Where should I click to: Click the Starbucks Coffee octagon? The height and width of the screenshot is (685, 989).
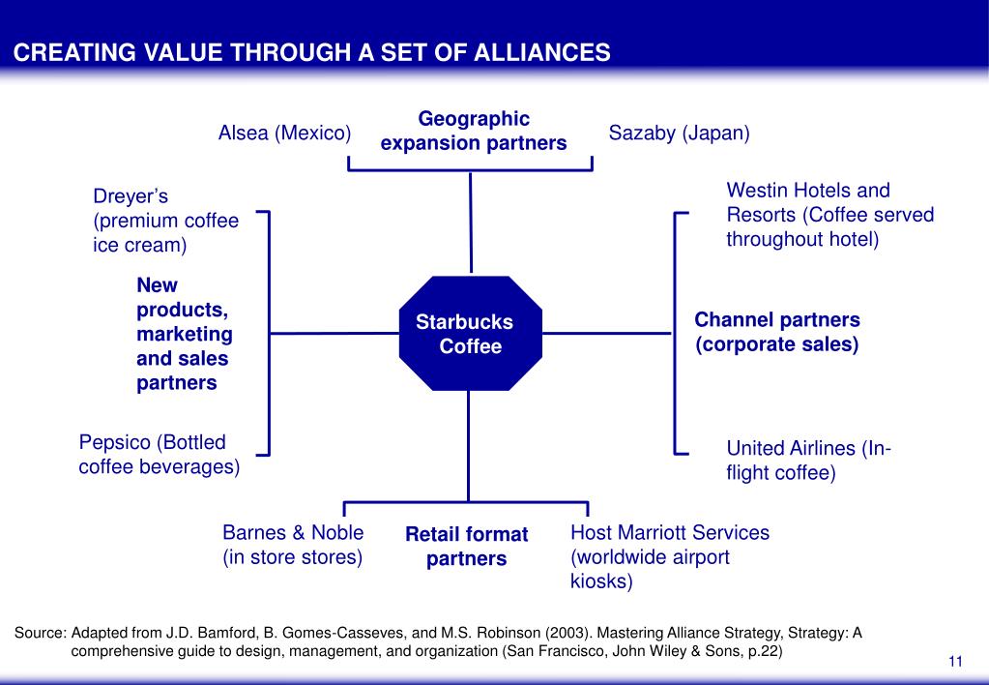click(471, 334)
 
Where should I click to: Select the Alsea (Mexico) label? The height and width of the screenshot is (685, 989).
click(284, 134)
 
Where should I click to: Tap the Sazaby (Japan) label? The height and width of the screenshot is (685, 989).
click(680, 134)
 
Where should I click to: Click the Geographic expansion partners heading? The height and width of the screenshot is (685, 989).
click(474, 131)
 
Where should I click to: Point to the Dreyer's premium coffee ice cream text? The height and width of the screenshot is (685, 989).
click(166, 221)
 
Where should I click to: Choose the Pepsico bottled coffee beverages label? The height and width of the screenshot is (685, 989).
click(160, 455)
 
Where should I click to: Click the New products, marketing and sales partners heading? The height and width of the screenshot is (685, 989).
click(185, 334)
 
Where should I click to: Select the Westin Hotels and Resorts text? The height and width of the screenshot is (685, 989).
click(830, 215)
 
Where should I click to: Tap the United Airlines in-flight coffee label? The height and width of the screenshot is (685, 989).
click(808, 461)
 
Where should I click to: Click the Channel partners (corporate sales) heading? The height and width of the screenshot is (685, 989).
click(777, 332)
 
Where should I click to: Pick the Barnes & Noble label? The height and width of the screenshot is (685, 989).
click(293, 545)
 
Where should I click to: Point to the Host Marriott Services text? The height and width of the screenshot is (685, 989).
click(670, 557)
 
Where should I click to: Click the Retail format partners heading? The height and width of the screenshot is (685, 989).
click(467, 547)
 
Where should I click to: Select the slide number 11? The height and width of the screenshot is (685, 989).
click(955, 661)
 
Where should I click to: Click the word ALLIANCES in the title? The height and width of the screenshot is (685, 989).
click(541, 52)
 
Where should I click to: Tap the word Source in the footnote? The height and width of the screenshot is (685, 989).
click(38, 633)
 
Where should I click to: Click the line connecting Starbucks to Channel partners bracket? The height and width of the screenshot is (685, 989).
click(607, 334)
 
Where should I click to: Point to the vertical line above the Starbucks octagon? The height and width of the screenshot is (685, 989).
click(471, 223)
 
